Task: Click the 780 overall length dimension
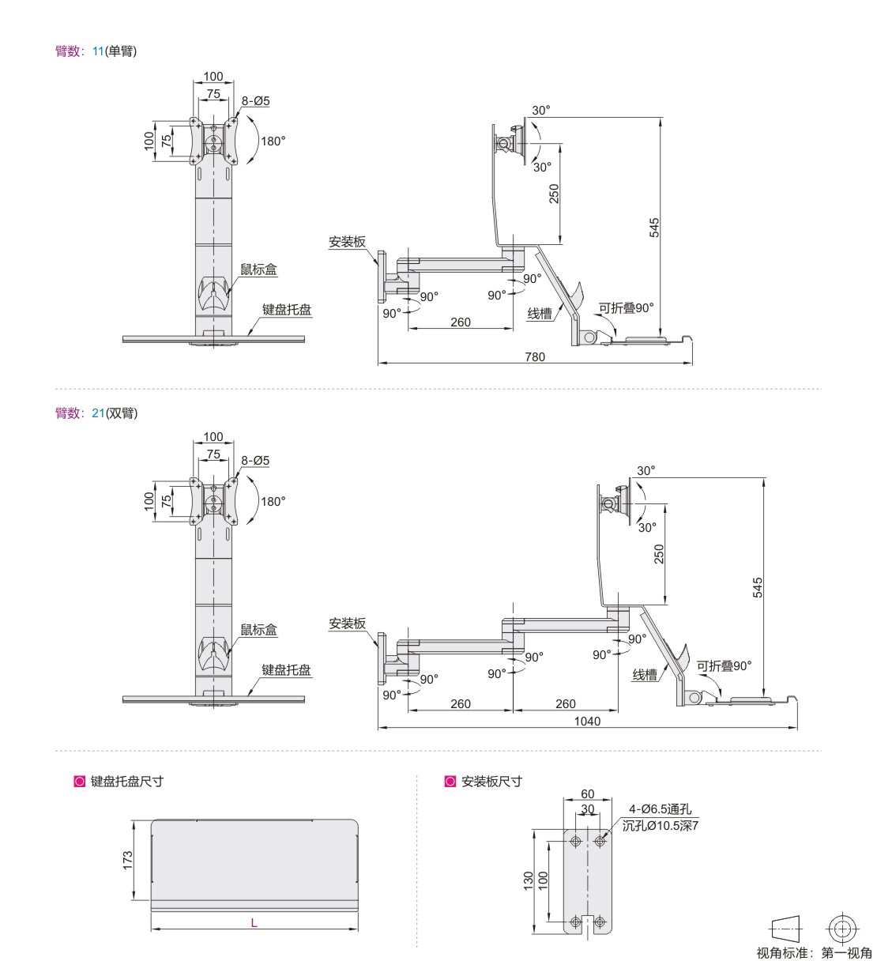point(535,357)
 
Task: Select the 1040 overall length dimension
point(587,721)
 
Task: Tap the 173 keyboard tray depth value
point(127,861)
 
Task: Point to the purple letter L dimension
point(254,923)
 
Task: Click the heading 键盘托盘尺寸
point(127,782)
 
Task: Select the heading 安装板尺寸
point(491,782)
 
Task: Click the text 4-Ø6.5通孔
point(660,808)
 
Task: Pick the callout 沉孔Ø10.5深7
point(661,825)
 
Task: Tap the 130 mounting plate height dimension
point(528,880)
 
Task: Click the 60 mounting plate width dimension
point(587,793)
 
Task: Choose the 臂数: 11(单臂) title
point(96,51)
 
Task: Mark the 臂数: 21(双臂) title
point(96,413)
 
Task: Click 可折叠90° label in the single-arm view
point(626,307)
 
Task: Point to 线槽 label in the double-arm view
point(645,675)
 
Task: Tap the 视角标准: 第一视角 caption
point(815,952)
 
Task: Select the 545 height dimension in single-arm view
point(653,228)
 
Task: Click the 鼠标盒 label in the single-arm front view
point(258,269)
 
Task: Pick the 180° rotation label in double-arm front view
point(273,502)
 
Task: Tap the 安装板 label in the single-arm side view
point(348,242)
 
